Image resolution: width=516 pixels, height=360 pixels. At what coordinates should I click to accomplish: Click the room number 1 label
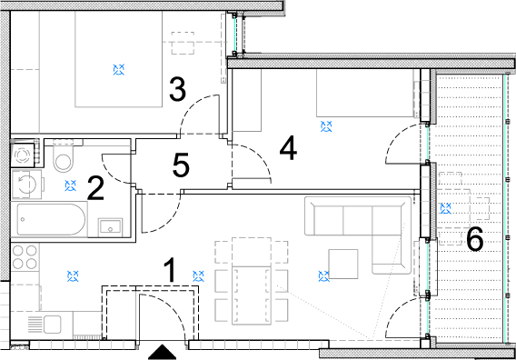point(170,270)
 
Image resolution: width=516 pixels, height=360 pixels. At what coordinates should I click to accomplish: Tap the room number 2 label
point(95,188)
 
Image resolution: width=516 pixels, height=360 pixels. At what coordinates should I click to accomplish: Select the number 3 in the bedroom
point(177,88)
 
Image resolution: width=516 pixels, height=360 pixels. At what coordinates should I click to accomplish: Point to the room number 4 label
point(288,148)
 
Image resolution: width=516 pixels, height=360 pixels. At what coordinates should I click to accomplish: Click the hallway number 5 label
point(181,165)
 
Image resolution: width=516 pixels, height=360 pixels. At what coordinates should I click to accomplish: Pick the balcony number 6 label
point(475,239)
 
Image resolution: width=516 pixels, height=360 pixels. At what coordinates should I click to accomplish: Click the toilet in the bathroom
point(64,156)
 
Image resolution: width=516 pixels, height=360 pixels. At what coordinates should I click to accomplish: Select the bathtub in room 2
point(49,219)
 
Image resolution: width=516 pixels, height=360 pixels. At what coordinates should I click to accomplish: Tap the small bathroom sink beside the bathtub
point(110,227)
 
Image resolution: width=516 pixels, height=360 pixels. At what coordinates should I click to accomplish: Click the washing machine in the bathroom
point(26,184)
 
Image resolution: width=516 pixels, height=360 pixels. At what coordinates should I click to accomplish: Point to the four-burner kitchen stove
point(25,257)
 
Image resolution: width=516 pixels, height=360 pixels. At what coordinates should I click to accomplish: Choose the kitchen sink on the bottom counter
point(45,325)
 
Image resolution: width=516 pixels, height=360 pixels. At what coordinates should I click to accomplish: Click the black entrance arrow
point(162,352)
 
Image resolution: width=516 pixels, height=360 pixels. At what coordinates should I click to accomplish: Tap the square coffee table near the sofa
point(343,265)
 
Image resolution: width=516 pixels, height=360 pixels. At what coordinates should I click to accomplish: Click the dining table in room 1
point(252,281)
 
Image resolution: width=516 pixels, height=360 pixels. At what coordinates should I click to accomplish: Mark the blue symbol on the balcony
point(445,208)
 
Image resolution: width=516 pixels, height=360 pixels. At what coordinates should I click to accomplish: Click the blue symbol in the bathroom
point(71,185)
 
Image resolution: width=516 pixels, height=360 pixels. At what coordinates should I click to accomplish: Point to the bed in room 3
point(118,59)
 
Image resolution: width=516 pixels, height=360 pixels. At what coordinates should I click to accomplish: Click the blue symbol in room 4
point(326,126)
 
